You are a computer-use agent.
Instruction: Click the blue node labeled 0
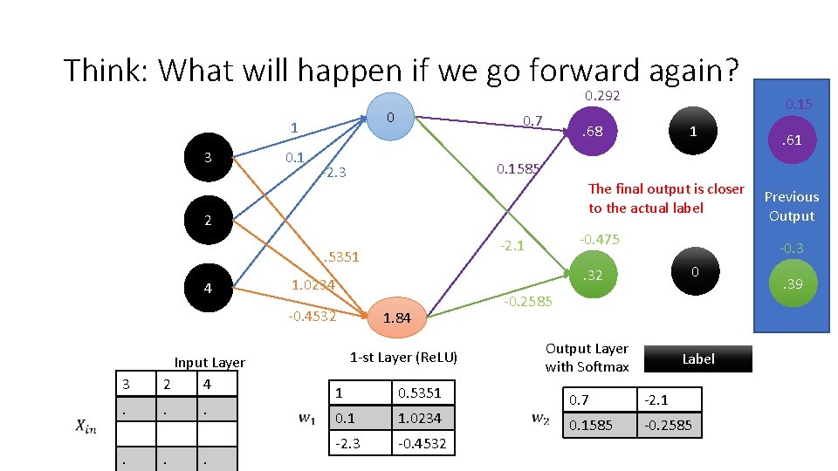pos(391,116)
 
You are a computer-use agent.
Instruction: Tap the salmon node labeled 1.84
pos(396,317)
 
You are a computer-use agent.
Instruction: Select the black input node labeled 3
pos(207,158)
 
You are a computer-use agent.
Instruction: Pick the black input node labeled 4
pos(207,288)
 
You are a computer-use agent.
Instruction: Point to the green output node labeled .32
pos(592,276)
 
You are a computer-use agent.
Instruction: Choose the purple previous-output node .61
pos(792,140)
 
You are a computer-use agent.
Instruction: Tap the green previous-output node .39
pos(792,284)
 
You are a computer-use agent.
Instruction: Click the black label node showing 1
pos(692,132)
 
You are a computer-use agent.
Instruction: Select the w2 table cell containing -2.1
pos(668,399)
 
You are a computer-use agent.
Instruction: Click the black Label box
pos(697,358)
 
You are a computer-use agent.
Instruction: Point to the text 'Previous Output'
pos(792,207)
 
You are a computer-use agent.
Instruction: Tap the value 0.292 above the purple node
pos(602,95)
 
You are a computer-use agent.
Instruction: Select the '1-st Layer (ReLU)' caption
pos(403,357)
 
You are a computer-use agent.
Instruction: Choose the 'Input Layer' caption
pos(209,362)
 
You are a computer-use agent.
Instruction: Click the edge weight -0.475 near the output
pos(599,239)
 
